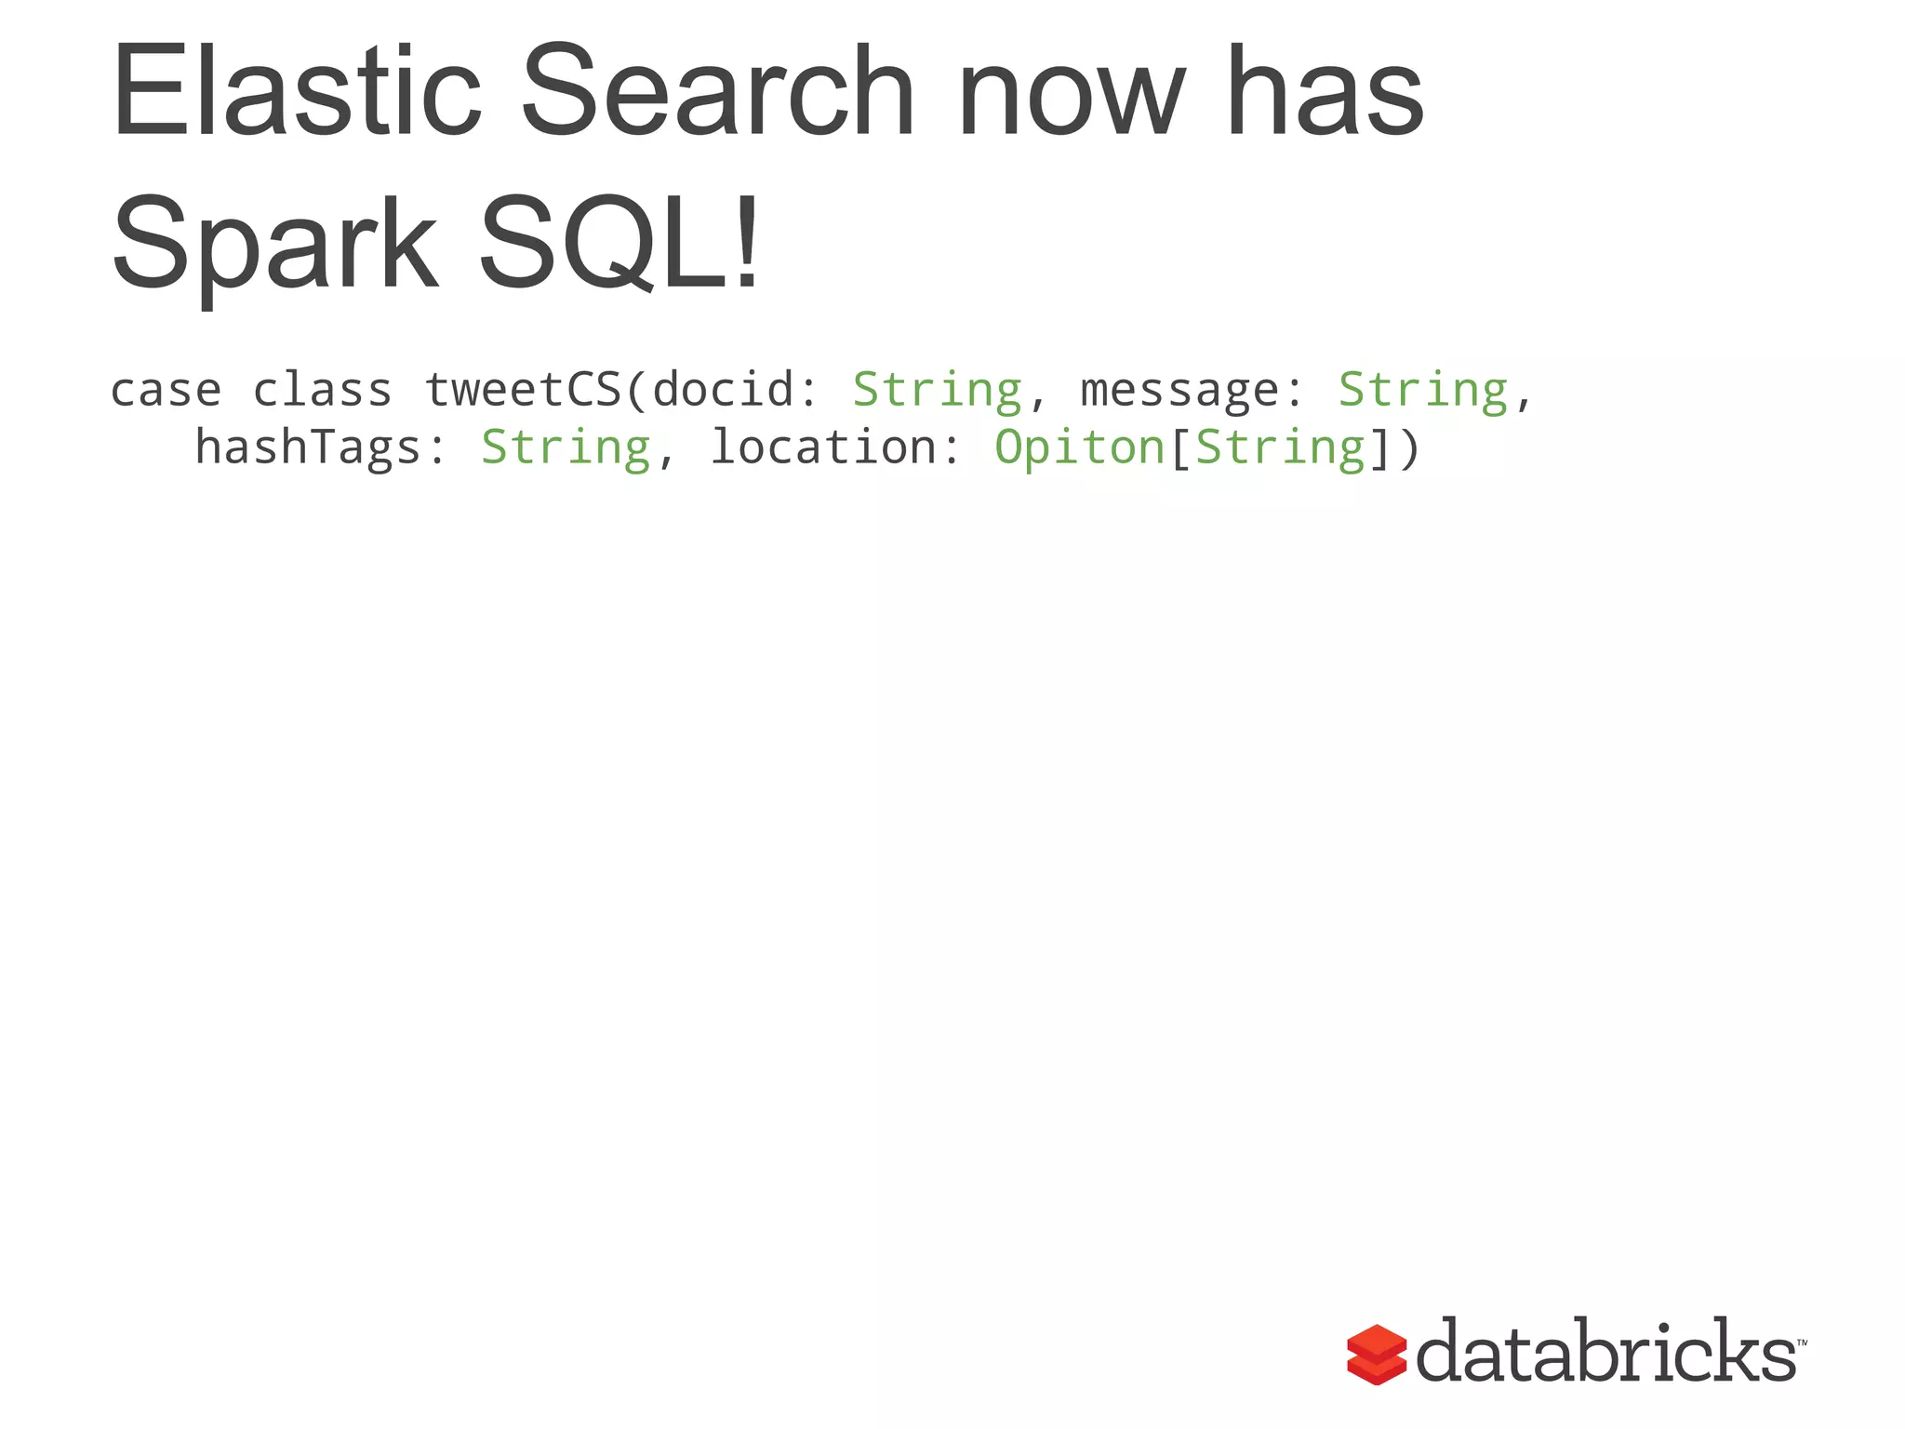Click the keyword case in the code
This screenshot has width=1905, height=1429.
tap(167, 391)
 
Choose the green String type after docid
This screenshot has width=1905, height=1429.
tap(937, 391)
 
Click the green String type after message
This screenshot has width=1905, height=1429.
tap(1422, 391)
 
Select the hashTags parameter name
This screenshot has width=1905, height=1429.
tap(308, 447)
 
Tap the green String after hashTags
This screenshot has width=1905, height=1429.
tap(566, 449)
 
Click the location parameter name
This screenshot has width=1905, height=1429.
tap(822, 447)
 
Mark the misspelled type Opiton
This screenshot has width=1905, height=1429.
tap(1079, 449)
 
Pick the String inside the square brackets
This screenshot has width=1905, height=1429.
tap(1280, 449)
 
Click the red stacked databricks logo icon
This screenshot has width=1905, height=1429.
tap(1376, 1355)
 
